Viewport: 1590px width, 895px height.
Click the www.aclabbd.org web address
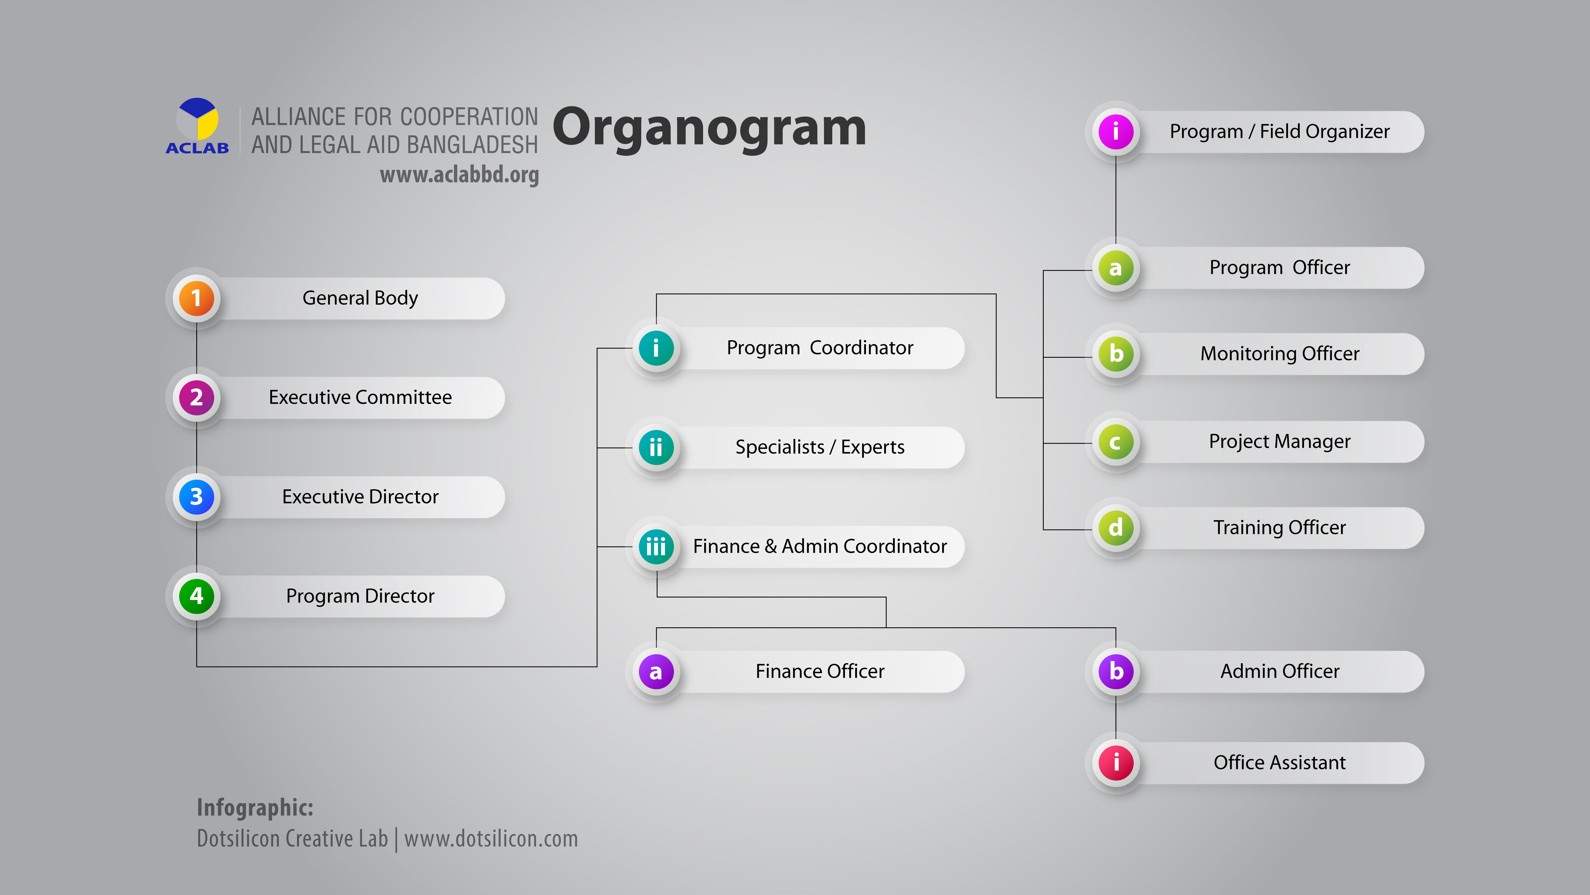[x=459, y=175]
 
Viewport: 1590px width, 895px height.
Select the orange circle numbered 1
[x=196, y=298]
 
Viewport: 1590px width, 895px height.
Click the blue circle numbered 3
[x=196, y=497]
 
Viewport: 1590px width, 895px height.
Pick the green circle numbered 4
[x=196, y=596]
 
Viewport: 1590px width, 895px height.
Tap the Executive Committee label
[x=360, y=397]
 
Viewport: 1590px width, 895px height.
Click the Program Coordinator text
[x=820, y=348]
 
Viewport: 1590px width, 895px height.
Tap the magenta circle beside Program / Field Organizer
[x=1115, y=131]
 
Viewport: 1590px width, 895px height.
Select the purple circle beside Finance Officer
[x=656, y=672]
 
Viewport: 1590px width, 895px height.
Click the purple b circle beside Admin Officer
[x=1115, y=672]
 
